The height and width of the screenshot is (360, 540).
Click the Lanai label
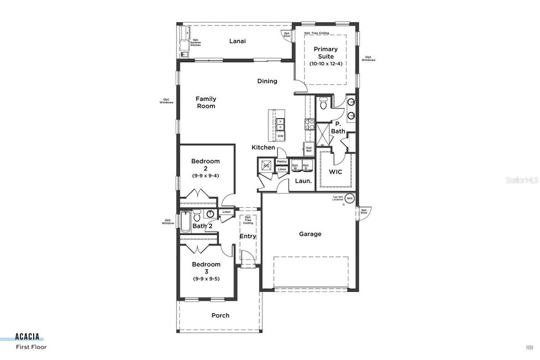[x=237, y=41]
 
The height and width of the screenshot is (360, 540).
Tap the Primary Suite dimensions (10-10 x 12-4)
[x=325, y=64]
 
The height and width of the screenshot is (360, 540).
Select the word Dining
[x=267, y=81]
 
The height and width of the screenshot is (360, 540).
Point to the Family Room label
[x=206, y=102]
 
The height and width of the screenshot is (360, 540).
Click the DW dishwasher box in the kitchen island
[x=280, y=136]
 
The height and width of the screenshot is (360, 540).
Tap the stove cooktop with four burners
[x=309, y=124]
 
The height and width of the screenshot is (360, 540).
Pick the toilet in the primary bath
[x=324, y=103]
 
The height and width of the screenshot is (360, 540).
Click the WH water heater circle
[x=349, y=198]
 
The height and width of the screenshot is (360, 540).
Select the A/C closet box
[x=266, y=166]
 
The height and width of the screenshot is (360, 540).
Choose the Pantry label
[x=282, y=162]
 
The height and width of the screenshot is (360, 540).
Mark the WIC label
[x=336, y=172]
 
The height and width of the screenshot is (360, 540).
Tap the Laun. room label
[x=303, y=181]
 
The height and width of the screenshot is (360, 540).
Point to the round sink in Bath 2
[x=210, y=214]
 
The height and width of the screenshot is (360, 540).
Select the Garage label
[x=310, y=234]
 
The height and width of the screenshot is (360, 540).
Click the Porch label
[x=220, y=315]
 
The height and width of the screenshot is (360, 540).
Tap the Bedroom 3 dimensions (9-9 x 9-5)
[x=206, y=279]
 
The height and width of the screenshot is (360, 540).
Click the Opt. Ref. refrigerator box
[x=309, y=150]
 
